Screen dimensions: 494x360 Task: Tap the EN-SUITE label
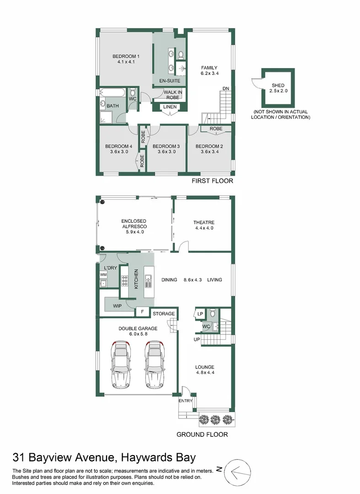[169, 81]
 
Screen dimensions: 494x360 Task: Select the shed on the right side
[277, 88]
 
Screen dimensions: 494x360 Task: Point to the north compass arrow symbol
[236, 469]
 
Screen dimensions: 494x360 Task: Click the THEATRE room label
[204, 223]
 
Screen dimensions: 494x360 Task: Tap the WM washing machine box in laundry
[103, 274]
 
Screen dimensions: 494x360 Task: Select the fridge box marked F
[142, 312]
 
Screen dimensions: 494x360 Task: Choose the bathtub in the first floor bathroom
[112, 93]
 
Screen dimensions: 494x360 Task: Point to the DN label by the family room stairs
[226, 88]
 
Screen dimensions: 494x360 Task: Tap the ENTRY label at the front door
[185, 401]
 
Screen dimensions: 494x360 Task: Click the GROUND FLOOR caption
[202, 435]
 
